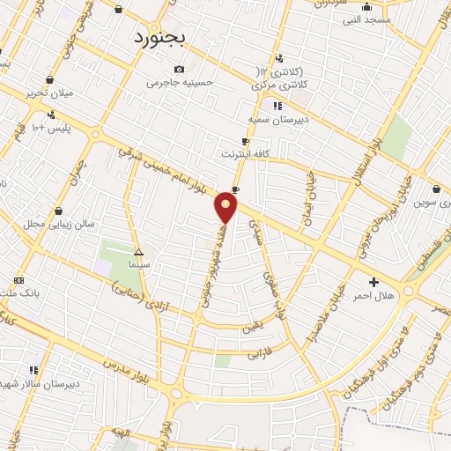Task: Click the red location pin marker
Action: click(226, 208)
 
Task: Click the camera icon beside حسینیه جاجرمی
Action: click(180, 70)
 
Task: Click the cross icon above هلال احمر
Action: click(374, 283)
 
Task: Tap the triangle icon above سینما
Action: click(138, 251)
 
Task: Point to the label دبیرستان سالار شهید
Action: click(44, 384)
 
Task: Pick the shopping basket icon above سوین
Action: click(438, 189)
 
